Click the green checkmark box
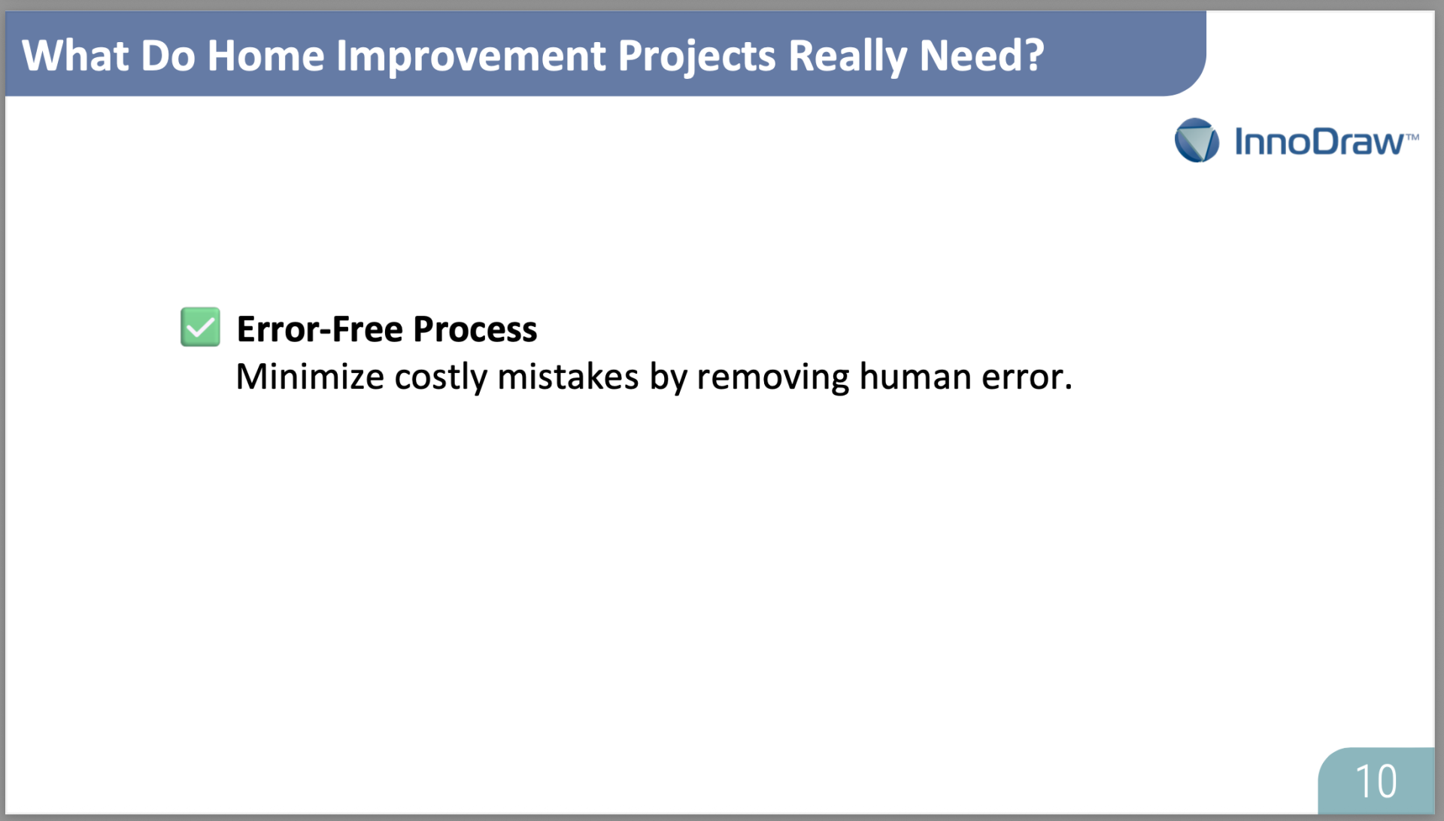pyautogui.click(x=200, y=327)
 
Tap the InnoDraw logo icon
pyautogui.click(x=1197, y=140)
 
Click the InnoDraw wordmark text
pyautogui.click(x=1318, y=142)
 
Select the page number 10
pyautogui.click(x=1376, y=781)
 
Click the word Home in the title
pyautogui.click(x=265, y=56)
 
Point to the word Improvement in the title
pyautogui.click(x=471, y=57)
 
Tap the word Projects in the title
pyautogui.click(x=696, y=57)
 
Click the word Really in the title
pyautogui.click(x=848, y=57)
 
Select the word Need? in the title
pyautogui.click(x=981, y=56)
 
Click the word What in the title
pyautogui.click(x=75, y=56)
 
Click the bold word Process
pyautogui.click(x=475, y=329)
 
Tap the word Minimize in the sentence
pyautogui.click(x=310, y=377)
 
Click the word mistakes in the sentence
pyautogui.click(x=568, y=377)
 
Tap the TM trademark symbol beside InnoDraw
pyautogui.click(x=1412, y=137)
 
